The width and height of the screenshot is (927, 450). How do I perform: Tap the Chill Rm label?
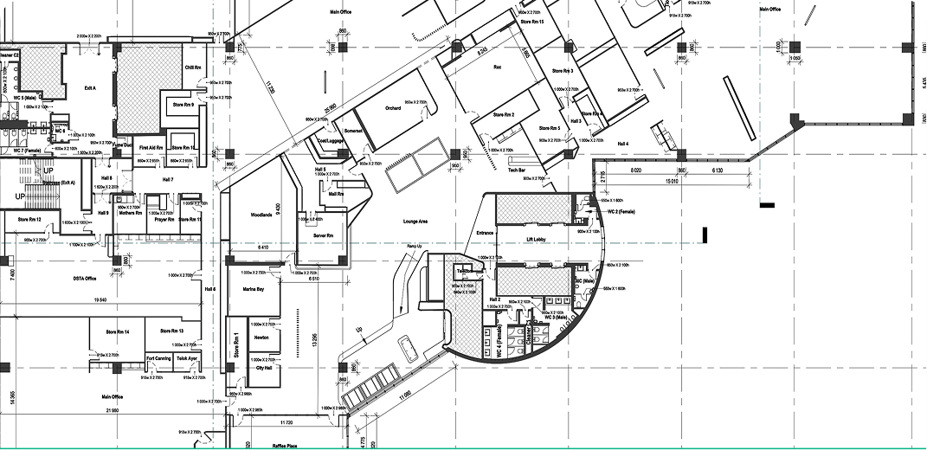tap(193, 67)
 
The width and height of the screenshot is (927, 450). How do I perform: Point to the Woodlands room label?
tap(262, 214)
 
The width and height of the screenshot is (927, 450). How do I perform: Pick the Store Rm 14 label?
tap(118, 331)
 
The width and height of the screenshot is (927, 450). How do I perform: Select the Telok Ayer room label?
tap(189, 357)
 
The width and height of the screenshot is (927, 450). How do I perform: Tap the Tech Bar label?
tap(518, 170)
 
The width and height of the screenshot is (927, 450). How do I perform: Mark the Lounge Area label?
tap(416, 222)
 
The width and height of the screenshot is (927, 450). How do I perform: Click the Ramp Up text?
tap(414, 247)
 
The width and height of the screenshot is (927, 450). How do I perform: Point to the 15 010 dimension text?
tap(665, 182)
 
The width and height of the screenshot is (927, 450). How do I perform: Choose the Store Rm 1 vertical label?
tap(236, 346)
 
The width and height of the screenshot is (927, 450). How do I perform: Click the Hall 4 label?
tap(621, 143)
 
